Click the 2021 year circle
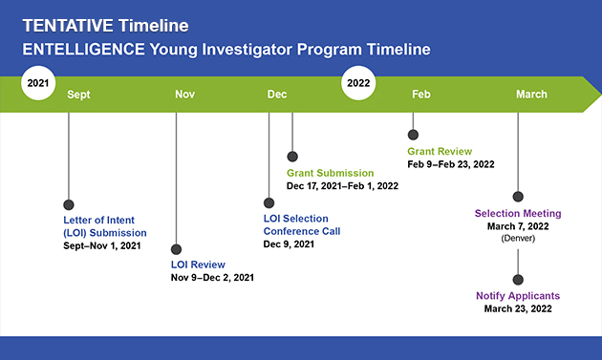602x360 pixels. click(x=38, y=83)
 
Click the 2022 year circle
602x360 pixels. click(x=358, y=83)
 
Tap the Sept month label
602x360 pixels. click(x=78, y=95)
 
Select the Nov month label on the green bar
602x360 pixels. click(x=185, y=95)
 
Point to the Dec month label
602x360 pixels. click(x=277, y=95)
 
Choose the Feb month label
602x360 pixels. click(x=421, y=95)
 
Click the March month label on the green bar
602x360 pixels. click(x=531, y=95)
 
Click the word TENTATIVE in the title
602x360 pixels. click(x=68, y=26)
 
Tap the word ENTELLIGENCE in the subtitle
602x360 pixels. click(x=84, y=50)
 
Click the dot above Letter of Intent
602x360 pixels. click(x=69, y=204)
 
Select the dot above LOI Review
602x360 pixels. click(x=176, y=249)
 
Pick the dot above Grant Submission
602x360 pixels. click(x=292, y=157)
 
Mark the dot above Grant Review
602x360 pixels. click(x=413, y=135)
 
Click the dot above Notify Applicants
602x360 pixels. click(x=518, y=280)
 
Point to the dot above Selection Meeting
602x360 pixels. click(x=518, y=197)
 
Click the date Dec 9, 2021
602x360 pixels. click(x=289, y=244)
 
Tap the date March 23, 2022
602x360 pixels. click(x=518, y=309)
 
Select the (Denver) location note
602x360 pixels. click(x=518, y=239)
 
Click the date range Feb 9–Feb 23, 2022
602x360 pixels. click(x=451, y=164)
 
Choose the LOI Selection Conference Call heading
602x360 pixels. click(x=302, y=225)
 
